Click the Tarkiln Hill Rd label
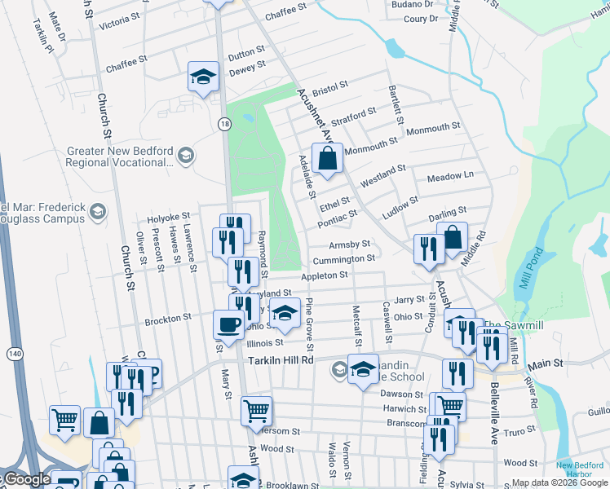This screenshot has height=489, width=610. [281, 359]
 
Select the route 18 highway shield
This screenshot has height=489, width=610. [223, 123]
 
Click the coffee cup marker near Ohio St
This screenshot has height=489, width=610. [228, 323]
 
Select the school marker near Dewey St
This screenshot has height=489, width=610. [203, 77]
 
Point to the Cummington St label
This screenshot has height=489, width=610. [343, 259]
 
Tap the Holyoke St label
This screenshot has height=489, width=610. [168, 219]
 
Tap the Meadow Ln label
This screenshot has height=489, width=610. [450, 176]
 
